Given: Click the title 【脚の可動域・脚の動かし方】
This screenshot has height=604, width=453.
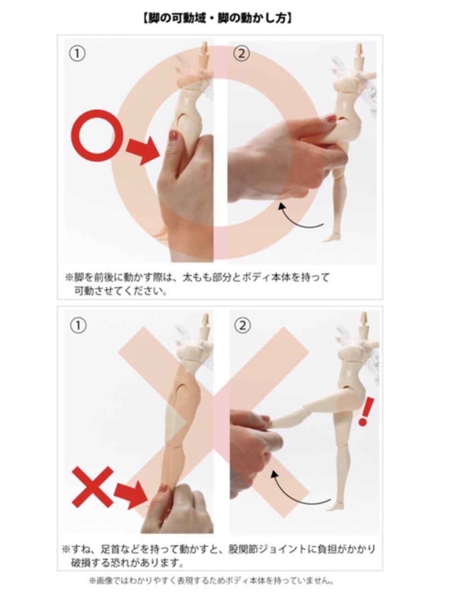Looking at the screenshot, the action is pyautogui.click(x=218, y=19).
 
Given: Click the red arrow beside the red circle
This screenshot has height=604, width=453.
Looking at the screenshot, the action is pyautogui.click(x=143, y=150).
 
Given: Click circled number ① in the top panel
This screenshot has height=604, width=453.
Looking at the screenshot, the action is pyautogui.click(x=77, y=54).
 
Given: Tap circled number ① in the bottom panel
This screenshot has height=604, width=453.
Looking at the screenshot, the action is pyautogui.click(x=78, y=326).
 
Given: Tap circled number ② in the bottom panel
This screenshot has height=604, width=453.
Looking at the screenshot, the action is pyautogui.click(x=242, y=326).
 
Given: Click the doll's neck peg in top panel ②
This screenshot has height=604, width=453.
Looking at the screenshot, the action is pyautogui.click(x=359, y=49).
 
